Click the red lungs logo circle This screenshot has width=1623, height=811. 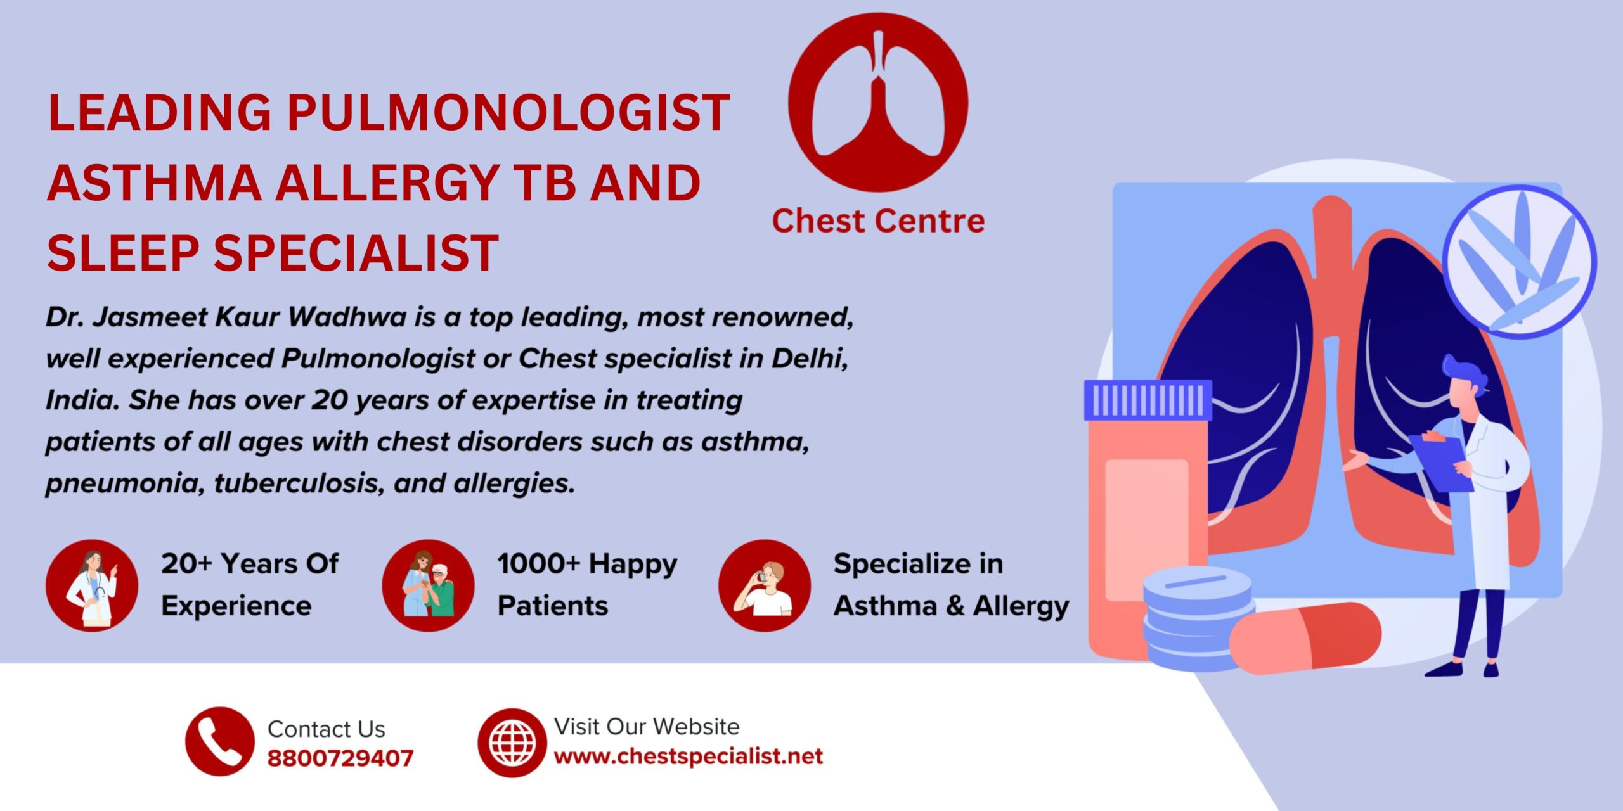[x=878, y=103]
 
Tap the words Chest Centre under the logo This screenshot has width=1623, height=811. [x=878, y=221]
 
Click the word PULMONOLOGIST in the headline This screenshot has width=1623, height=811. [x=508, y=113]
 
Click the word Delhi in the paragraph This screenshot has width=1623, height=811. [x=810, y=359]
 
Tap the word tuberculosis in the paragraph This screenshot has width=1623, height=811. [x=299, y=483]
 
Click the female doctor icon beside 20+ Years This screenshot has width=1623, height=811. [x=92, y=585]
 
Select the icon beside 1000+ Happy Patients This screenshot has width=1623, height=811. [x=428, y=585]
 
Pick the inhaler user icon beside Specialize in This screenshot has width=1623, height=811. [x=765, y=585]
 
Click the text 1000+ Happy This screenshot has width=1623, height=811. [x=587, y=565]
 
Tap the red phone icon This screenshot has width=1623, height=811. [x=219, y=741]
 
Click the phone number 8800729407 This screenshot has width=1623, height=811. [x=340, y=758]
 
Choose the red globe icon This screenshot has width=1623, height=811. [x=512, y=743]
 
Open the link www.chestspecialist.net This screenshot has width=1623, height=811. [x=689, y=756]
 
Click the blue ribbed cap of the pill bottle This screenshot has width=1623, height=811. [x=1148, y=400]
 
